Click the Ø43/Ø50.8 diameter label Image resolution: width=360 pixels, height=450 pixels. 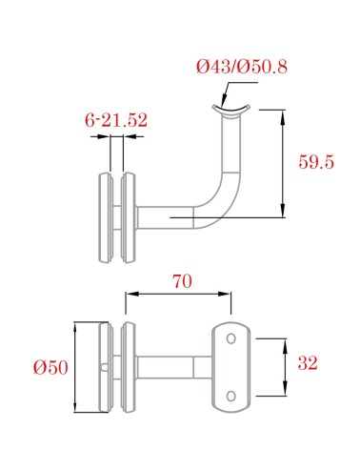point(241,68)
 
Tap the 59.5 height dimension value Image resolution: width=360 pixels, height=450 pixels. point(316,162)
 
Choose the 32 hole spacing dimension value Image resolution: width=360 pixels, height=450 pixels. point(307,363)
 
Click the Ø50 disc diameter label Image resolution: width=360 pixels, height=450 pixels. point(50,367)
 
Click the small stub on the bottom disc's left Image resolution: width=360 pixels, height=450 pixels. point(101,367)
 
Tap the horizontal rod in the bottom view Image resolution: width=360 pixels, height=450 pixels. point(167,367)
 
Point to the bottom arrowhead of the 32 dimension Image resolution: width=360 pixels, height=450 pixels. point(286,390)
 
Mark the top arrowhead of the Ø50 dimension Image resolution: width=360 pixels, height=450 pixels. point(79,329)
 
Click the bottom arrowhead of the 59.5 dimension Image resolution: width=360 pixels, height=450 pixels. point(284,213)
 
